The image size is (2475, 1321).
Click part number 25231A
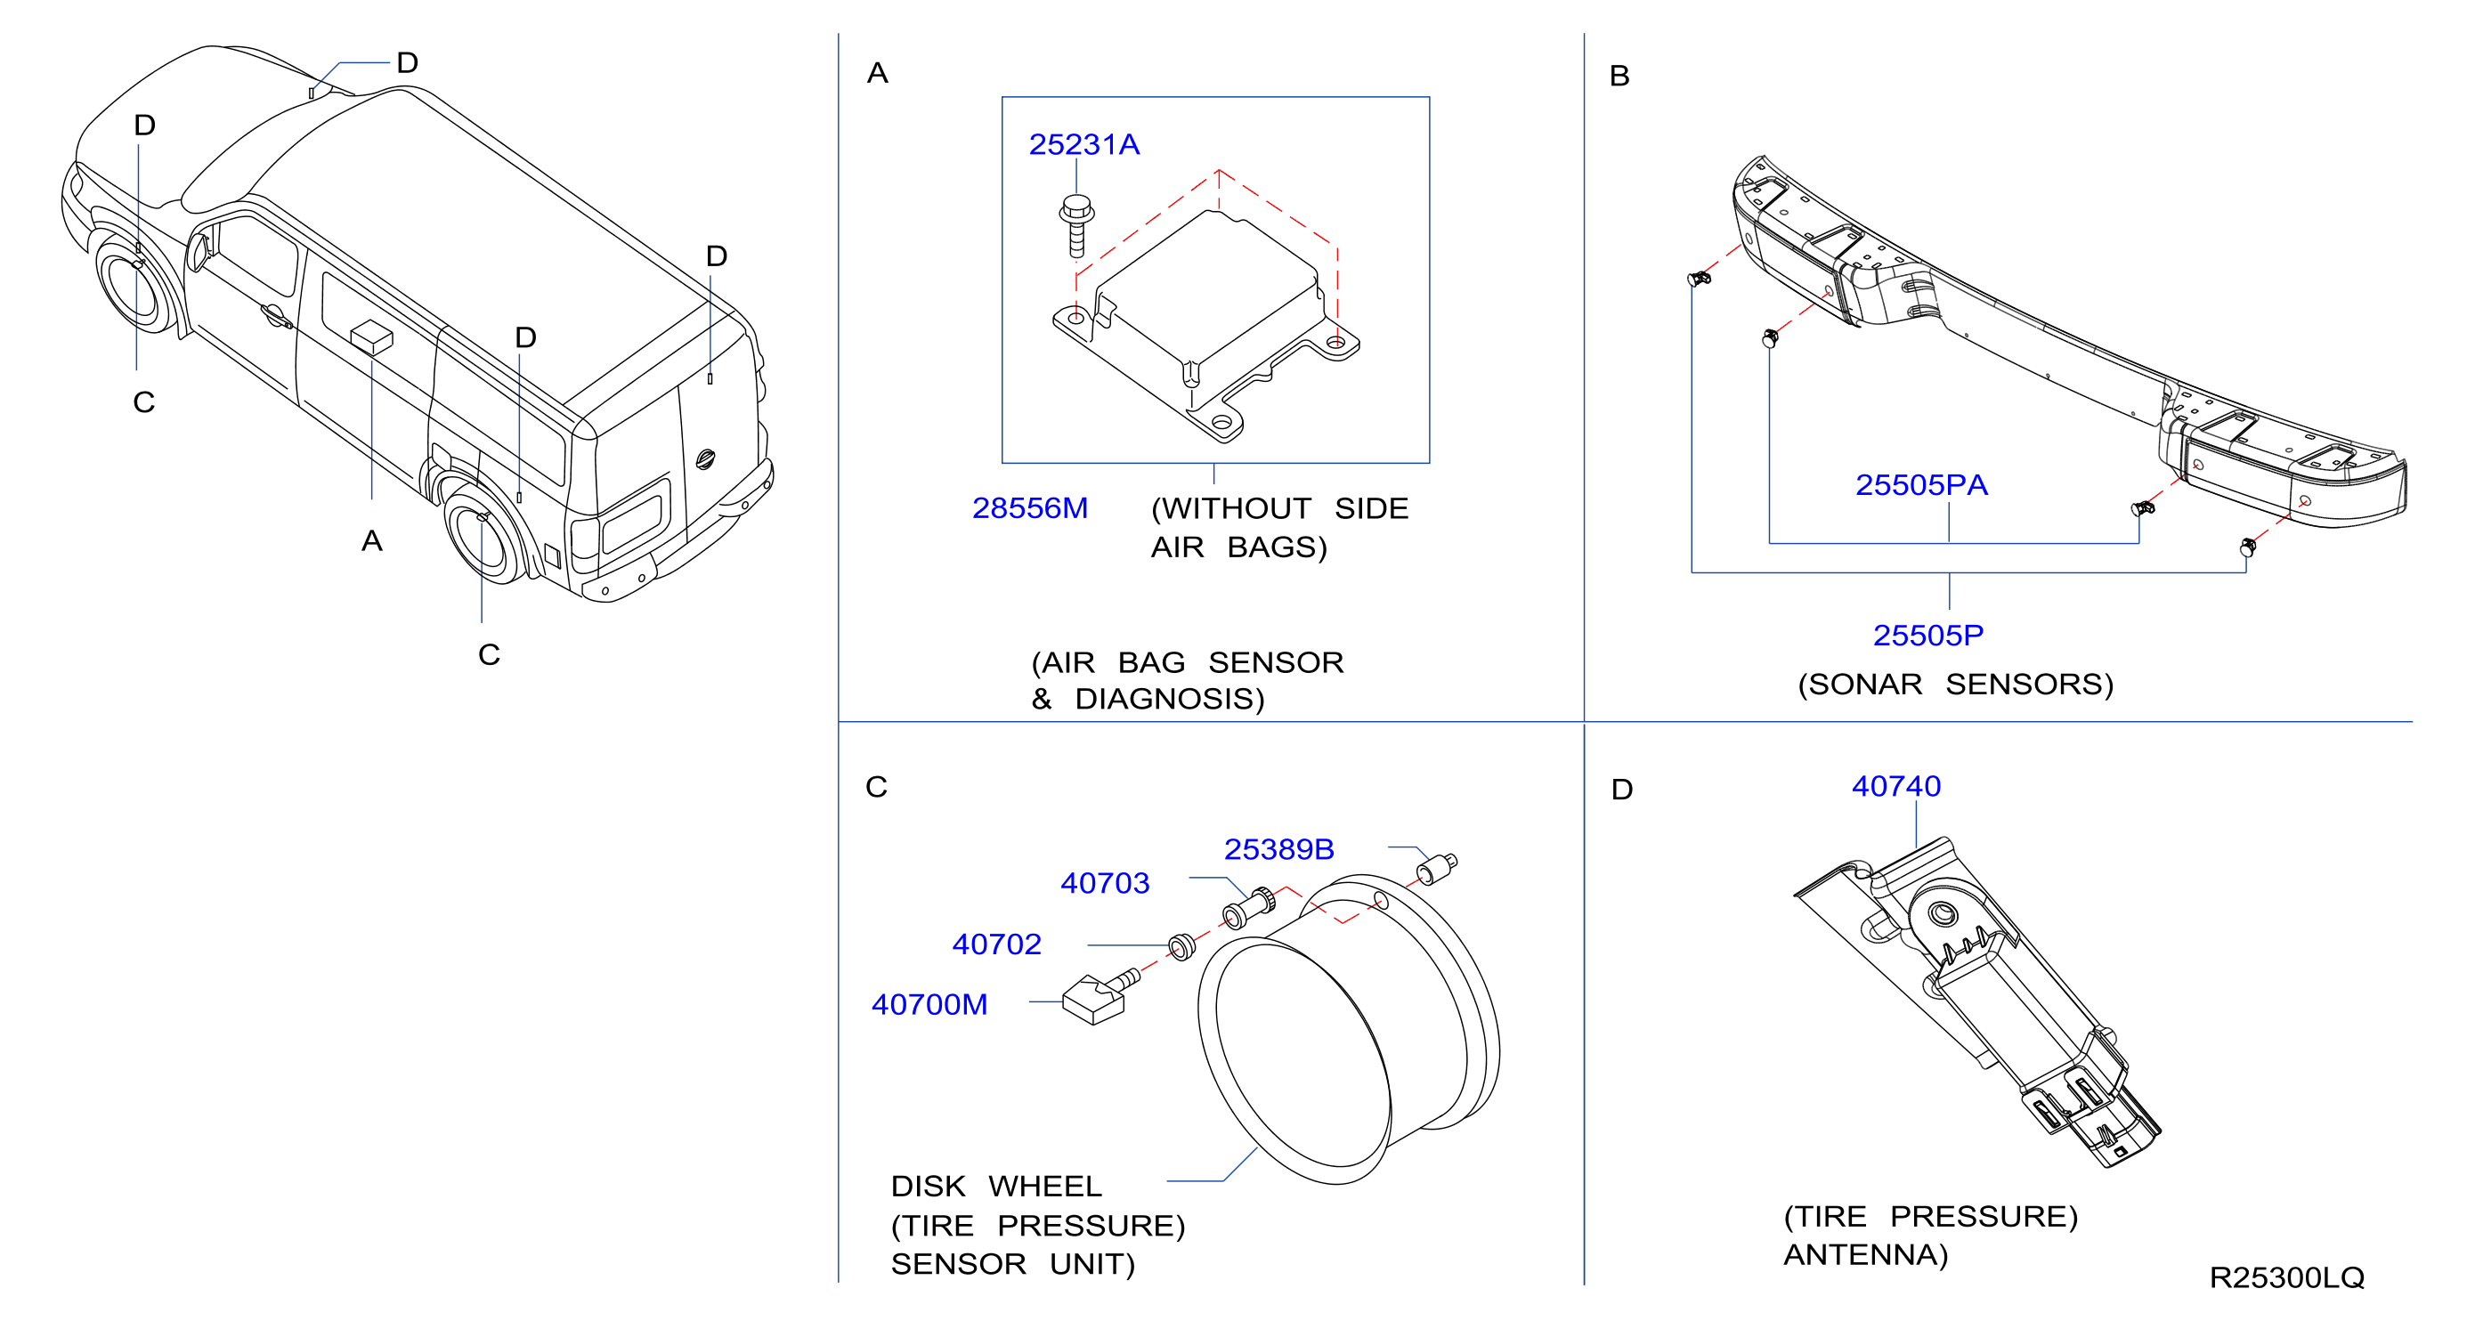[1083, 144]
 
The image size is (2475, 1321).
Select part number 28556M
[1030, 507]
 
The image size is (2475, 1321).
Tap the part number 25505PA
[1921, 484]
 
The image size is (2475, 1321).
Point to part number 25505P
[1928, 635]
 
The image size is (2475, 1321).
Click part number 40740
[1896, 786]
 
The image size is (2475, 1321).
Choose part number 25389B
[1278, 849]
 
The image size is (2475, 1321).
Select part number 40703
[1105, 883]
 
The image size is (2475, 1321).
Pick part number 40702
[996, 944]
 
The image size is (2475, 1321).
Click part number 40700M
[929, 1004]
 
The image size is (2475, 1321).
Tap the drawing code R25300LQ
[2286, 1276]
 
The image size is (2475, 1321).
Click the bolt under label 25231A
[1077, 226]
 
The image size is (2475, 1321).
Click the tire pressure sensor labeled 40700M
[1100, 997]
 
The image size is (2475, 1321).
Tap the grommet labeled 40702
[1181, 945]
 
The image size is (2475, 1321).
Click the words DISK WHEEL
[996, 1186]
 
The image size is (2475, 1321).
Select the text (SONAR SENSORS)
[1955, 684]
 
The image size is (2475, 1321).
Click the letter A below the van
[372, 541]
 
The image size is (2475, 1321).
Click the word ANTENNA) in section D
[1866, 1255]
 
